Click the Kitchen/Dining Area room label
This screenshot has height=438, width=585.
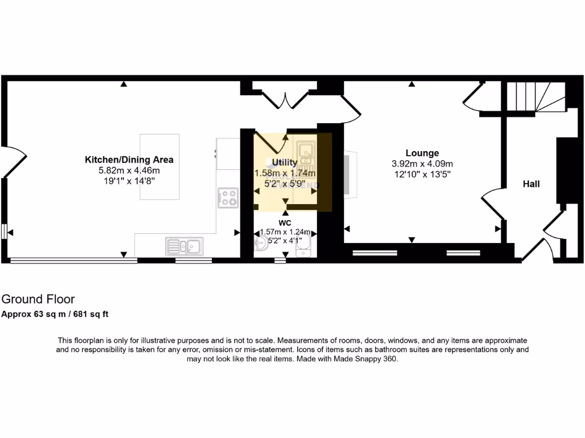click(x=129, y=160)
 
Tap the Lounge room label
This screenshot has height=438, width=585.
click(x=422, y=153)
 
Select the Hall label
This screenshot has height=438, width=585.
click(x=531, y=184)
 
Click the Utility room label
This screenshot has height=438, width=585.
click(x=285, y=163)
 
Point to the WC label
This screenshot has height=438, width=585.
click(x=285, y=222)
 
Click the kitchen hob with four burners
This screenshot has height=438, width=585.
click(x=228, y=197)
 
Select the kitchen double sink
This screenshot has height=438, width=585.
click(x=183, y=246)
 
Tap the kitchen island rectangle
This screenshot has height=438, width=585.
click(x=160, y=167)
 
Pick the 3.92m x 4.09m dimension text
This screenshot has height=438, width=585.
click(x=422, y=164)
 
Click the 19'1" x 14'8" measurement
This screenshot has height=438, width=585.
click(x=129, y=180)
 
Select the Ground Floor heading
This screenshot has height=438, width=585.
click(x=38, y=299)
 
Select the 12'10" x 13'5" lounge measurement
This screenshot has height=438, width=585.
click(x=422, y=175)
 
